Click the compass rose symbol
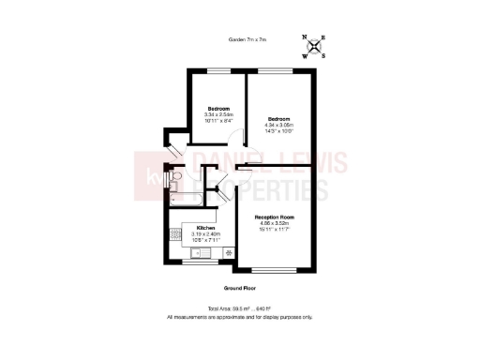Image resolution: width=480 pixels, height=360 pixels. pyautogui.click(x=315, y=46)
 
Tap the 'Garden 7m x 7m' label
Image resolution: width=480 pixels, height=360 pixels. pyautogui.click(x=247, y=39)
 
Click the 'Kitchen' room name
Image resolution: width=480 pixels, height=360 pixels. pyautogui.click(x=205, y=228)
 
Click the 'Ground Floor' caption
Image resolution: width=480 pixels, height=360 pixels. pyautogui.click(x=240, y=287)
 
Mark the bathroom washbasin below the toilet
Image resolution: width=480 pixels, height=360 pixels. pyautogui.click(x=172, y=186)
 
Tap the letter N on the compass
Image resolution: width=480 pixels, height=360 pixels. pyautogui.click(x=307, y=38)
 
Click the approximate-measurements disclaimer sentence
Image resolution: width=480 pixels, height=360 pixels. pyautogui.click(x=240, y=317)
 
